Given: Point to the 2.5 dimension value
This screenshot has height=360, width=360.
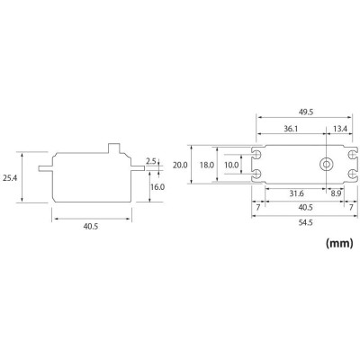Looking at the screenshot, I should pos(152,162).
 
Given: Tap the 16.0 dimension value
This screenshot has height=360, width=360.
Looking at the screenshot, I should pos(157,186).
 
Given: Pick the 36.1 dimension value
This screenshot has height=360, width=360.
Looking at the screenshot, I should pos(289,129).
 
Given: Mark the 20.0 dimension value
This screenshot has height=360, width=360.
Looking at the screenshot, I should pos(180,165).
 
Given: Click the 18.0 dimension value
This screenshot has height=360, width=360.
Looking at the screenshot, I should pos(206,165).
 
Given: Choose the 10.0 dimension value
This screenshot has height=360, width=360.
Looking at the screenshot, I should pos(232,165).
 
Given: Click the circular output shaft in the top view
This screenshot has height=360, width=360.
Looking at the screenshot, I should pos(325,165).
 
